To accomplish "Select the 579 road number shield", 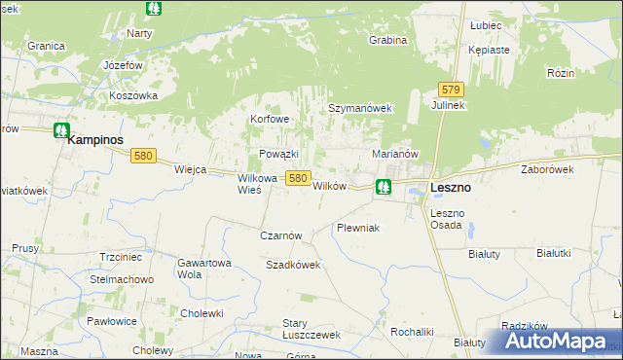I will (x=450, y=89).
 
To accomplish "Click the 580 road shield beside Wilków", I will (x=298, y=178).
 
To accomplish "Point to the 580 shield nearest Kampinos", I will (x=144, y=155).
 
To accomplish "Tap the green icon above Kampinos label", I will (x=61, y=128).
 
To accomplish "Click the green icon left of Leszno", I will (x=384, y=185).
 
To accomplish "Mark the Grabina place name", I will (x=386, y=41).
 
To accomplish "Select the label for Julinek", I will (x=451, y=105).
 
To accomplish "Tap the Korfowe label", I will (x=271, y=120).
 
